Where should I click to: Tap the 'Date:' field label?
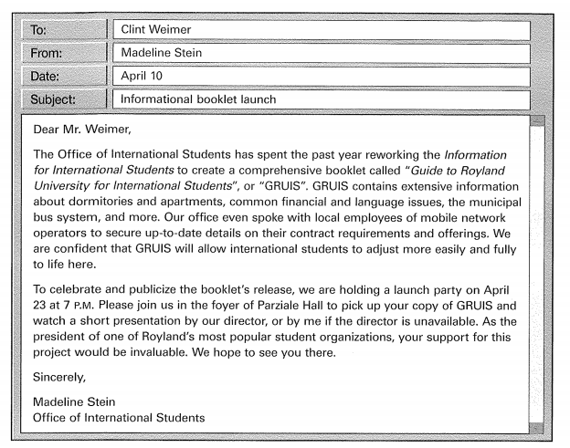coord(46,77)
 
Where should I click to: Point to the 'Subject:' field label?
coord(54,99)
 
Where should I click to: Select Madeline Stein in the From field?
coord(162,54)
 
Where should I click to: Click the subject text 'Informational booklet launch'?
coord(198,99)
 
